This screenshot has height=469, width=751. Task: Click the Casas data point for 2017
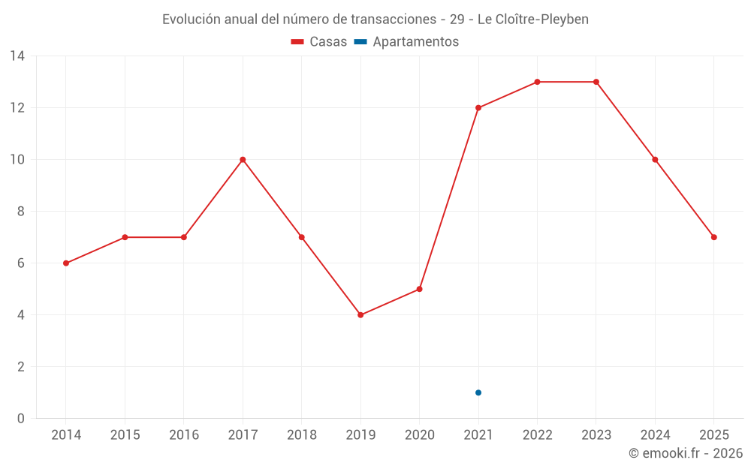pos(243,160)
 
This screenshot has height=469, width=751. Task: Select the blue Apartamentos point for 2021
pos(478,393)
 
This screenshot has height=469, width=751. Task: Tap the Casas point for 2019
pos(360,315)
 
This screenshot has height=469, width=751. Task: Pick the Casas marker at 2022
pos(538,82)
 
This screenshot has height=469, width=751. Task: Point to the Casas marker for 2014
pos(66,263)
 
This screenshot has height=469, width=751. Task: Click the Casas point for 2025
pos(714,237)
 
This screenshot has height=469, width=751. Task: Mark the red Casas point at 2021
pos(478,107)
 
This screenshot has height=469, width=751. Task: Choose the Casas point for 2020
pos(420,289)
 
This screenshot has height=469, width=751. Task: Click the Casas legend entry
pos(319,41)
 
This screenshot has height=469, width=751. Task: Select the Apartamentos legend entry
pos(406,41)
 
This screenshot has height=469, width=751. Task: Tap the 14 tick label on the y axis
pos(17,56)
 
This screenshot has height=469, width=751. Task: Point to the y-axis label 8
pos(20,212)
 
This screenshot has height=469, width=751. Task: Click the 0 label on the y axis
pos(20,419)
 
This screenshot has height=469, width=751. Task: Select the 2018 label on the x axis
pos(302,435)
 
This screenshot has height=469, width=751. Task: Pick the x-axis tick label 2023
pos(596,435)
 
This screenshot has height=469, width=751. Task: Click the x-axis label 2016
pos(184,435)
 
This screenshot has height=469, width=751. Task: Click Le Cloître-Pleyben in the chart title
pos(533,20)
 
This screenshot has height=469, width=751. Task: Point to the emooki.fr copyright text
pos(686,453)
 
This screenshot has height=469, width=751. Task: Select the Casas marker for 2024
pos(655,160)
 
